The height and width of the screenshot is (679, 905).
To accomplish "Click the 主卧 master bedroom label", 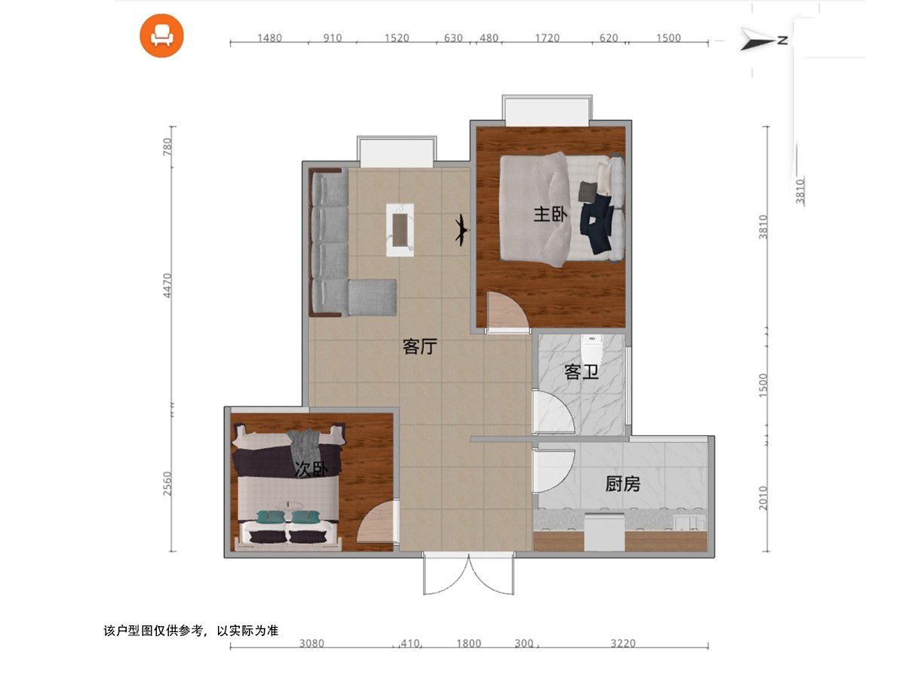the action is tap(550, 214).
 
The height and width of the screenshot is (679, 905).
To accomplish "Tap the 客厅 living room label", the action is tap(420, 346).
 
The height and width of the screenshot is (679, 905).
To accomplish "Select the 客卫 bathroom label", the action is tap(581, 372).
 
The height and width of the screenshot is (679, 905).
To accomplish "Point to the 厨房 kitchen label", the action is tap(623, 484).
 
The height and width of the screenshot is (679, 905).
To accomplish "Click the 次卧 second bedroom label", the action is tap(312, 469).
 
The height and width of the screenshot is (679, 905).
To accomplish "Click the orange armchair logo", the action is tap(161, 36).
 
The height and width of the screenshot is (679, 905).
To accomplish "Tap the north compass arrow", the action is tap(763, 39).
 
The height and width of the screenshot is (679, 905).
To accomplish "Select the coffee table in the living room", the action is tap(400, 229).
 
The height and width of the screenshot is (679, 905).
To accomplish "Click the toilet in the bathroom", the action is tap(592, 349).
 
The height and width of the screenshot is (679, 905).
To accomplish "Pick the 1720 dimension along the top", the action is tap(547, 38).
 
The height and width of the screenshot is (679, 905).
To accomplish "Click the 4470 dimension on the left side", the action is tap(167, 285).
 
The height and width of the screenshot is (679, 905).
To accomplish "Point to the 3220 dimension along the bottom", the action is tap(623, 644).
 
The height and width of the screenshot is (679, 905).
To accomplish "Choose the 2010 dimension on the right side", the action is tap(763, 498).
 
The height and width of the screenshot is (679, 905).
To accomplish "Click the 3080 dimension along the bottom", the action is tap(311, 644).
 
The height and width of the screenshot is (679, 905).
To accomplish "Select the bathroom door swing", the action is tap(554, 411).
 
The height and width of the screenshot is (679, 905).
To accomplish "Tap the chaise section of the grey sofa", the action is tap(373, 297).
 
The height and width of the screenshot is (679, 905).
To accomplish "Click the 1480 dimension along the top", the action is tap(270, 38).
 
